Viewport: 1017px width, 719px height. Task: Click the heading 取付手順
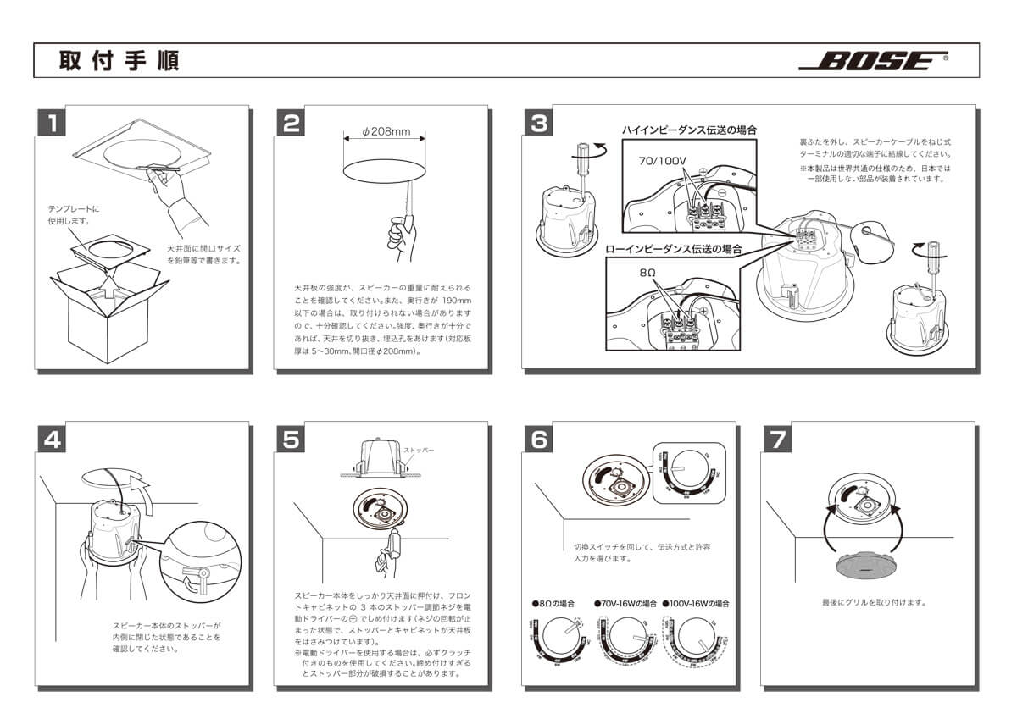(119, 61)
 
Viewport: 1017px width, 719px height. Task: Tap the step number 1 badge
(53, 124)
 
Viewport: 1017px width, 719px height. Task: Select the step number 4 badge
(53, 440)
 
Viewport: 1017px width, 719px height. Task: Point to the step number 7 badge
(779, 440)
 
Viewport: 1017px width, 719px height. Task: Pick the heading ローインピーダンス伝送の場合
(674, 250)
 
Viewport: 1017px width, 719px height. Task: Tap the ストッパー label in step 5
(420, 451)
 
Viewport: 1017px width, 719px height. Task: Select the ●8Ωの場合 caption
(553, 604)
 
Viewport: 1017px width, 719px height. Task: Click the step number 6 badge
(540, 440)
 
